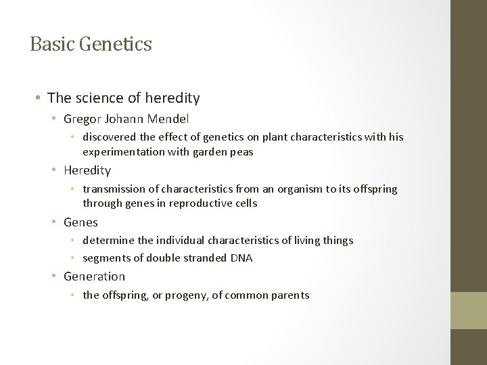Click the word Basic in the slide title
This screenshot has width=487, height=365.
[x=51, y=45]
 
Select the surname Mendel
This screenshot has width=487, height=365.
[x=169, y=119]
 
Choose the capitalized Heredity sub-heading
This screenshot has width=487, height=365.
[x=87, y=170]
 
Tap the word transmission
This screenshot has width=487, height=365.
[x=115, y=189]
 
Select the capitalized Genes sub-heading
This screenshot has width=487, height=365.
[x=80, y=222]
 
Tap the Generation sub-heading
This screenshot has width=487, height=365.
[x=94, y=276]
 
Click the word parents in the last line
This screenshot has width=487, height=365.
[x=289, y=295]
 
